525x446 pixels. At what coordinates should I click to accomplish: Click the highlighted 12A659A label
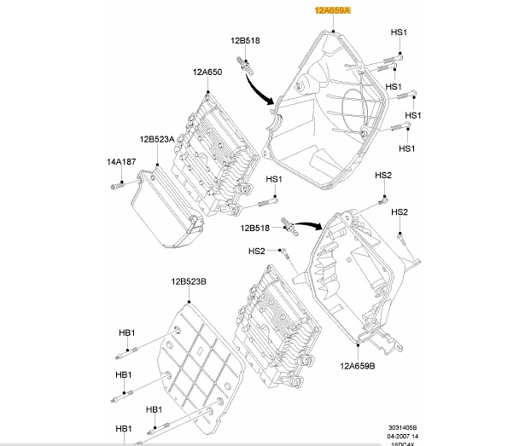pyautogui.click(x=332, y=10)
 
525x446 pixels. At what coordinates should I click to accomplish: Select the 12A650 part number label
pyautogui.click(x=207, y=73)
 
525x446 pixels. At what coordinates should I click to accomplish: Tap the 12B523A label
pyautogui.click(x=157, y=139)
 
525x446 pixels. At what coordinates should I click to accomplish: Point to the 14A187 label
pyautogui.click(x=121, y=161)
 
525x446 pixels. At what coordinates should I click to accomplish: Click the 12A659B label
pyautogui.click(x=358, y=366)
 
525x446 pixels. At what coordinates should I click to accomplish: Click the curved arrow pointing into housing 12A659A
pyautogui.click(x=260, y=90)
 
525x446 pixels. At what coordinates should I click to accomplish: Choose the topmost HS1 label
pyautogui.click(x=400, y=32)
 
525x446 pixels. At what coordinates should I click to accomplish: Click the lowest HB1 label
pyautogui.click(x=123, y=427)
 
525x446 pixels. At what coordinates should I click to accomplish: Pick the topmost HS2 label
pyautogui.click(x=383, y=176)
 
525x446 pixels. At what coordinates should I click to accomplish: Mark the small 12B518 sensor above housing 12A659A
pyautogui.click(x=247, y=64)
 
